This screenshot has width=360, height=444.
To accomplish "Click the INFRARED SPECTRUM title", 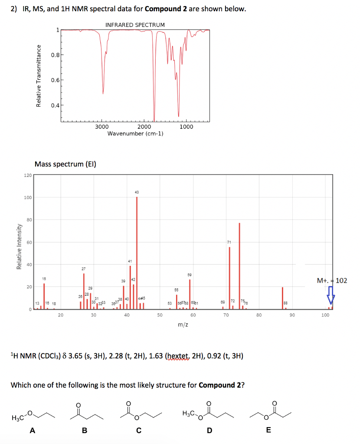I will (x=135, y=25).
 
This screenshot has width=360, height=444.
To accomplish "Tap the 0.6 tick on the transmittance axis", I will (x=55, y=80).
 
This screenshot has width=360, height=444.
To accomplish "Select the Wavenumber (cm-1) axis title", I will (x=135, y=134).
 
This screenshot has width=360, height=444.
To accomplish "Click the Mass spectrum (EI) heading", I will (x=65, y=164).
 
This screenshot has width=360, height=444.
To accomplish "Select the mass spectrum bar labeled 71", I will (x=229, y=277).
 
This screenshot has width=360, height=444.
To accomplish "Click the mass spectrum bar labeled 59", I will (x=190, y=294).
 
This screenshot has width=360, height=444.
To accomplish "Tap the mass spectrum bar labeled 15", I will (x=44, y=296).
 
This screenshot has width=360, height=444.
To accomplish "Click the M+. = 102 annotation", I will (x=332, y=281).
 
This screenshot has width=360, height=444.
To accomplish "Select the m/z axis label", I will (x=183, y=324).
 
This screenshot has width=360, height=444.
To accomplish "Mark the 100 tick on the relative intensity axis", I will (x=27, y=198).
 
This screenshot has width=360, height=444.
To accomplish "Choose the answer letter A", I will (x=32, y=430).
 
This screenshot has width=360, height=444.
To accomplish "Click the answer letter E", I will (x=268, y=430).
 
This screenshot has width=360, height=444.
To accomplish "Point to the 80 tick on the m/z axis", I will (x=259, y=315).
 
